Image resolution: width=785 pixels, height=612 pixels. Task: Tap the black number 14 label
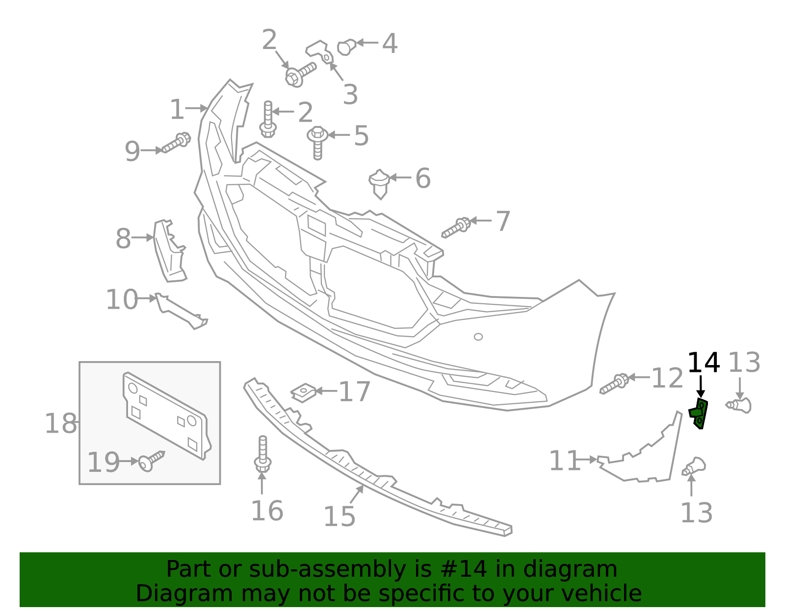click(703, 363)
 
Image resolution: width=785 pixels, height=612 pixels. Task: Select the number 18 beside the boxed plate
click(61, 424)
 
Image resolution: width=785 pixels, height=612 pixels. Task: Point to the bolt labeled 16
click(262, 454)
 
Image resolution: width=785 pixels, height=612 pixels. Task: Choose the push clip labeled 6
click(379, 182)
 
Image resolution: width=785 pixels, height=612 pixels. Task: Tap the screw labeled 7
click(456, 228)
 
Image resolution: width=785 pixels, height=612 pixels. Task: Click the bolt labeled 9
click(176, 143)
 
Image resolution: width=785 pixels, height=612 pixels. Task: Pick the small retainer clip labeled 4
click(346, 47)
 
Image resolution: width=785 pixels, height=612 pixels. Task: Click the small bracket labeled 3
click(319, 52)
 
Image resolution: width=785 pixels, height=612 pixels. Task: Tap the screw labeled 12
click(614, 384)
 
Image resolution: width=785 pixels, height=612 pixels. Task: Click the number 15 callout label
click(339, 516)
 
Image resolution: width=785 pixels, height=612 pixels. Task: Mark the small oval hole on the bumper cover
click(478, 337)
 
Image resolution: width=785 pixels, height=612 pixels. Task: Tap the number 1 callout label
click(177, 109)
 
